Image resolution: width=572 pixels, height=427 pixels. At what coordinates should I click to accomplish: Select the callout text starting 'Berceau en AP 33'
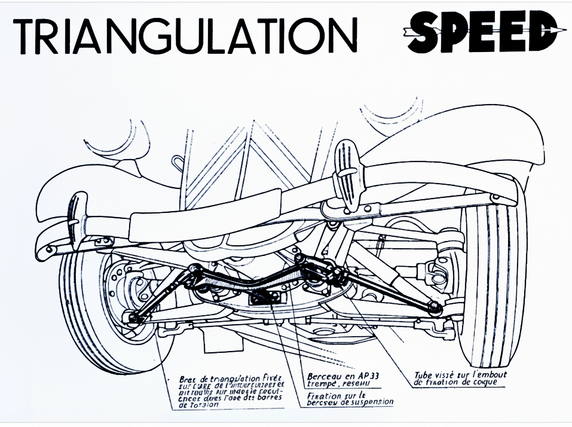click(x=338, y=380)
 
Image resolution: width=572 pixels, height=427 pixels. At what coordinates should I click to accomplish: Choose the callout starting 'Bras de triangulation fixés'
click(x=231, y=392)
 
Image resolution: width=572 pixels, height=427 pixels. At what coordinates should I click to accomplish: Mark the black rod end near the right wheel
click(x=436, y=307)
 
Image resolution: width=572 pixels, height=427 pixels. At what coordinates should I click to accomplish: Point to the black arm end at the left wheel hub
click(x=132, y=317)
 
